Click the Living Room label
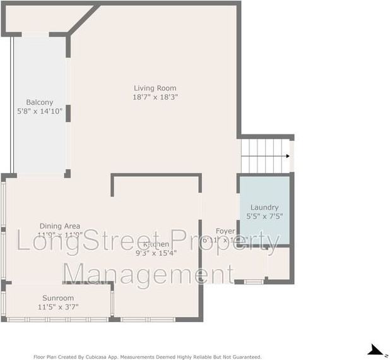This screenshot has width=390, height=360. point(155,88)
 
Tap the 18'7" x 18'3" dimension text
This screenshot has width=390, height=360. point(155,97)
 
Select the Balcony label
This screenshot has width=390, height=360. point(39,102)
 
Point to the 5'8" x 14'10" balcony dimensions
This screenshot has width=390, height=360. point(39,111)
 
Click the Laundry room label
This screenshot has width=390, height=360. point(264,207)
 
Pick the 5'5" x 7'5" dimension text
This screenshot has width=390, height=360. point(264,216)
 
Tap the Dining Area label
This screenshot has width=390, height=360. point(59,225)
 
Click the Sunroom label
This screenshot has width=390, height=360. point(58,298)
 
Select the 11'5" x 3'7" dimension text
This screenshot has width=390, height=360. point(58,307)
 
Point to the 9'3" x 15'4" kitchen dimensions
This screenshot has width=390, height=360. point(155,253)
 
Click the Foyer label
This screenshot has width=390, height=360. point(225,231)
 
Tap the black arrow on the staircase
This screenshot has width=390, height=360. point(287,155)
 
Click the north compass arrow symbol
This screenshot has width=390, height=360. point(375,349)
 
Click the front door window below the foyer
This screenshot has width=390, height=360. point(254,281)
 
